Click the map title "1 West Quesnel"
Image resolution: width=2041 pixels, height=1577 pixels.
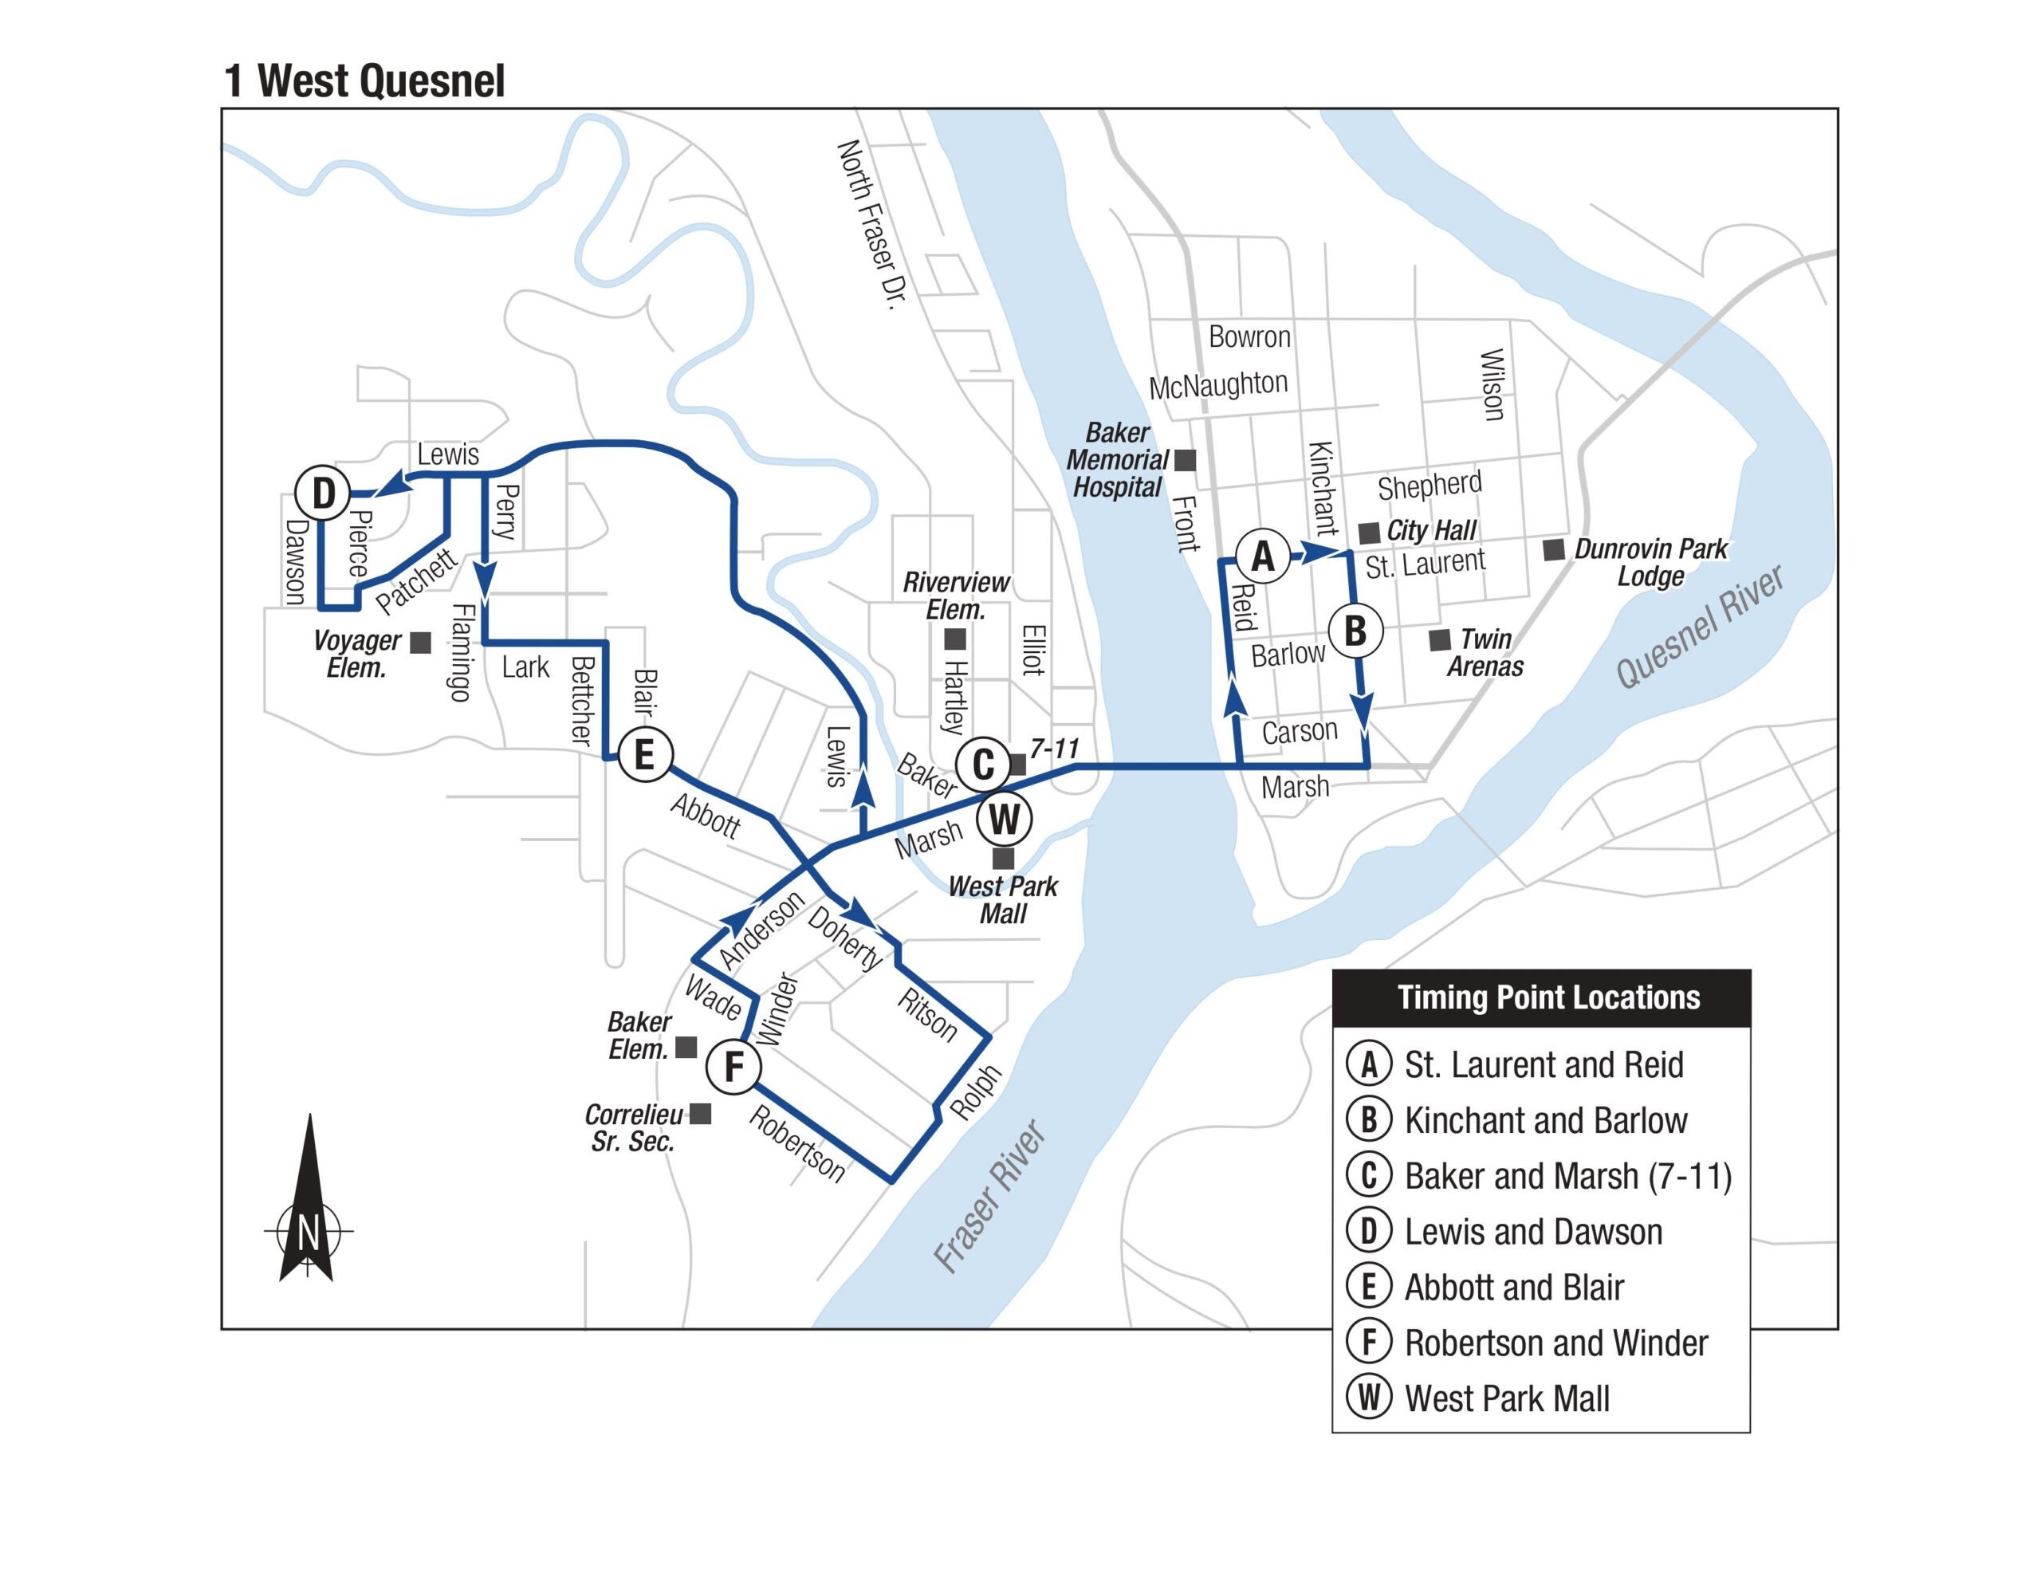(x=364, y=81)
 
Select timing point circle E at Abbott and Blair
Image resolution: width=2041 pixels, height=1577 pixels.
(x=645, y=753)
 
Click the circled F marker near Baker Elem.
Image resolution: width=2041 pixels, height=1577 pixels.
(x=733, y=1066)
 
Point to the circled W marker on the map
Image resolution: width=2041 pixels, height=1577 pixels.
(x=1005, y=820)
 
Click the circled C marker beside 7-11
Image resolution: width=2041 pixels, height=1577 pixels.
(x=983, y=765)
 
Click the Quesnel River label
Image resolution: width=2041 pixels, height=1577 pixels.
(x=1701, y=627)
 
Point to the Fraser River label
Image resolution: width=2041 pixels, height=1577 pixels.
(x=990, y=1197)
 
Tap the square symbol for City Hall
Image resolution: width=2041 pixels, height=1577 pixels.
(x=1369, y=533)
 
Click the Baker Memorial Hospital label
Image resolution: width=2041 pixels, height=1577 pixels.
(x=1117, y=460)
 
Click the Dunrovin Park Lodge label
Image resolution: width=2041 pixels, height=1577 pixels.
(x=1650, y=562)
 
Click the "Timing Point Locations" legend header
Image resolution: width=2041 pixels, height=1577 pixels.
(x=1548, y=997)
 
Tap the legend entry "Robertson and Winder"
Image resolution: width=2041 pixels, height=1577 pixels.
(x=1556, y=1343)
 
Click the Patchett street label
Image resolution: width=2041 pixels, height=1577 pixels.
(x=417, y=581)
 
